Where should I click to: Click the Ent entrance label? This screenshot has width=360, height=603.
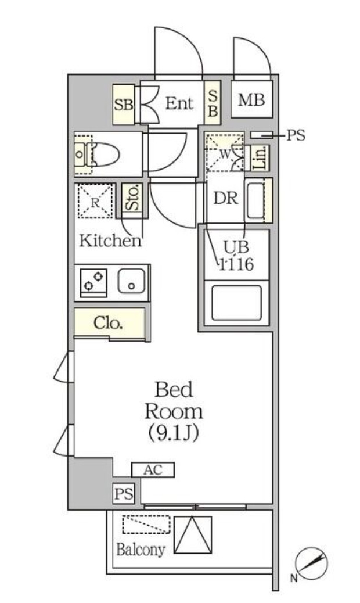point(179,103)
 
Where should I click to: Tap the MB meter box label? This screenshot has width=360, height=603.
point(251,100)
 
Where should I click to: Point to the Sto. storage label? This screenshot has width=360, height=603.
point(132,200)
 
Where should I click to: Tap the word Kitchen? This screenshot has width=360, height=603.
point(110,240)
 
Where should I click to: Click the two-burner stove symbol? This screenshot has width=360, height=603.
point(93,282)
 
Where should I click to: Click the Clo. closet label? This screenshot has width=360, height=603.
point(109,323)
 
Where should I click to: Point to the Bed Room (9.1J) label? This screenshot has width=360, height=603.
point(174,411)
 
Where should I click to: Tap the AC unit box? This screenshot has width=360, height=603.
point(153,470)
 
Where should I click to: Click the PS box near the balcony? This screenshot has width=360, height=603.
point(123,494)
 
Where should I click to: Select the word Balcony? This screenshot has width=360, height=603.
point(141,549)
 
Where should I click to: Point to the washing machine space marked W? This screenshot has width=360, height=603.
point(225,154)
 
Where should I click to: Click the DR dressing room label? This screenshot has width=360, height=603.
point(225,198)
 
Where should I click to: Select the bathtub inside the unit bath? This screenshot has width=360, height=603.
point(235,302)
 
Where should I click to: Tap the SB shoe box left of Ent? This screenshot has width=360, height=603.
point(123,105)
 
